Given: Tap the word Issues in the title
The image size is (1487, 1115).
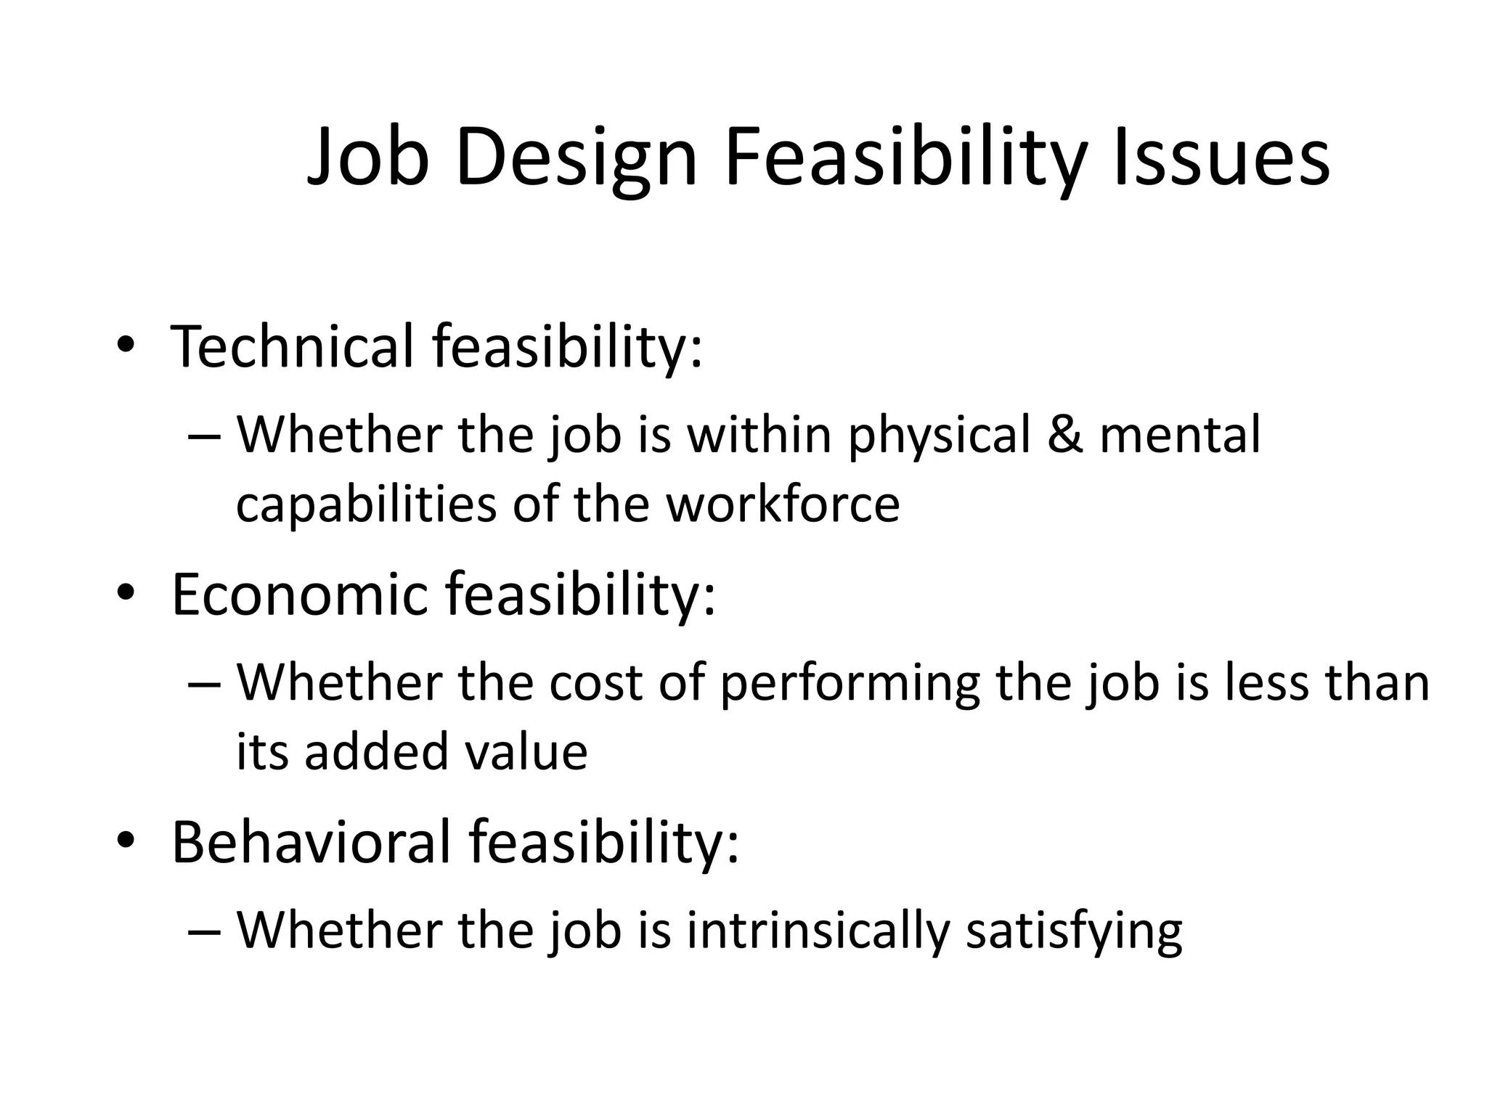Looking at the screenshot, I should coord(1221,158).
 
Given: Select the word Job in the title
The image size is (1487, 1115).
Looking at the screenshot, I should coord(367,158).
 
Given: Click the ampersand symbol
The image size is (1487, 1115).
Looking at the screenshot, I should coord(1064,435).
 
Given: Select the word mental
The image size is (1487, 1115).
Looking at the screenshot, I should coord(1181,435).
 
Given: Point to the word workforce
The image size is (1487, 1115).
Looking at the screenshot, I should coord(783,504).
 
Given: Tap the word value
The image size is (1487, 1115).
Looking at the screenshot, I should coord(526,752).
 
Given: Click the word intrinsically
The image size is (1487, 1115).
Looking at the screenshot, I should coord(818,931).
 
